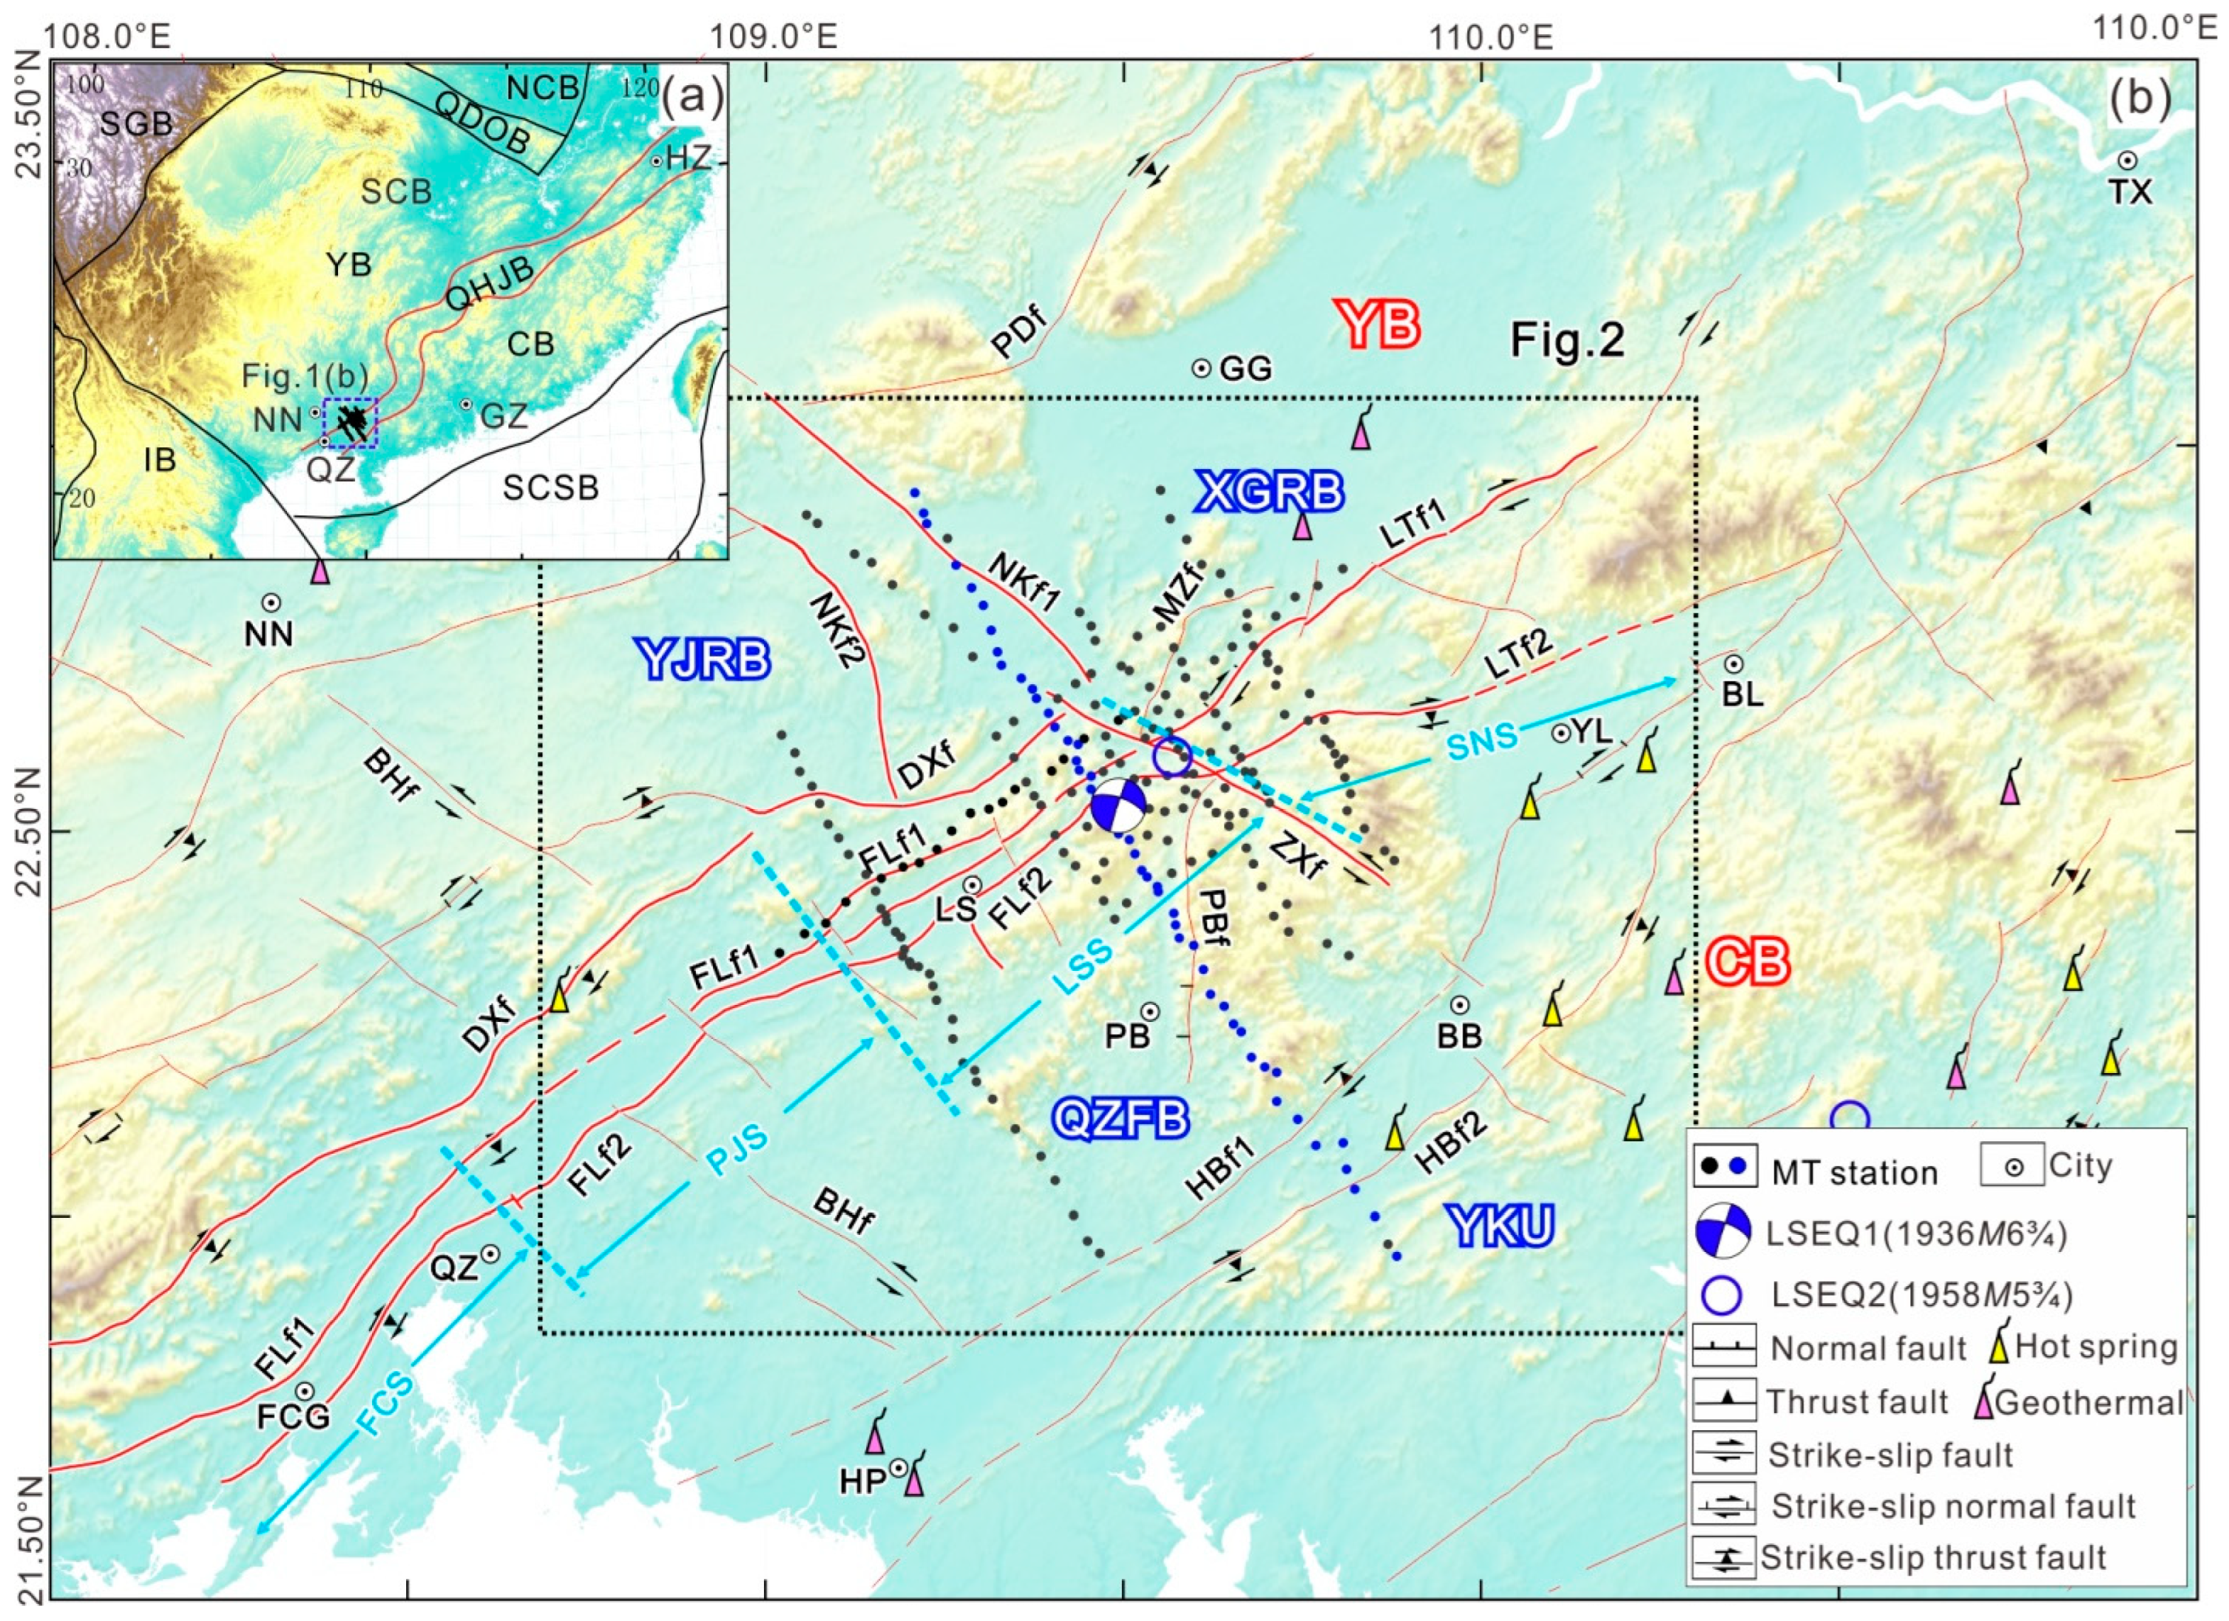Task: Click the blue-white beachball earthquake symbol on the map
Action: (1118, 806)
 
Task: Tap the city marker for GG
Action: (1201, 368)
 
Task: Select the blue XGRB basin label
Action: (1269, 491)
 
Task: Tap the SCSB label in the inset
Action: (550, 488)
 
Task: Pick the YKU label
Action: (1500, 1227)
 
